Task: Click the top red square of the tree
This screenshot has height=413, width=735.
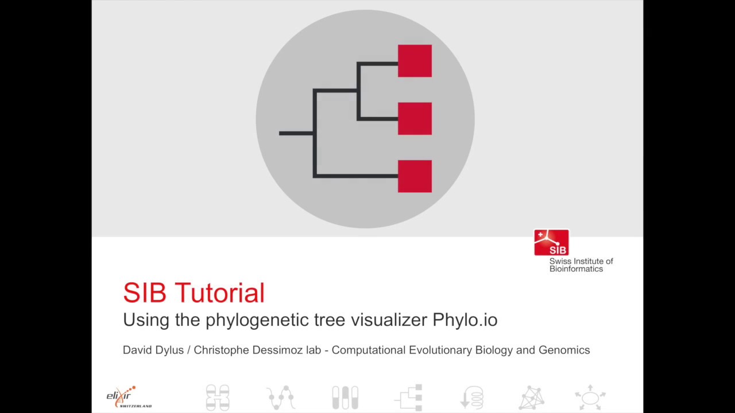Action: (x=415, y=61)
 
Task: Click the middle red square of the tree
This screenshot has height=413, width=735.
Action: (x=415, y=119)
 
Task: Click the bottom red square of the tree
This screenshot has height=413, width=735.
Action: (x=415, y=176)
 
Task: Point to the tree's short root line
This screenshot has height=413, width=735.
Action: (x=296, y=134)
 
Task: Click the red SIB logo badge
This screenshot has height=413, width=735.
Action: (x=551, y=243)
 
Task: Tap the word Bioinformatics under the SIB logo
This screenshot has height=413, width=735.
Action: (x=576, y=269)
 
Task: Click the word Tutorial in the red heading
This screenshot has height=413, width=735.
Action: (x=220, y=293)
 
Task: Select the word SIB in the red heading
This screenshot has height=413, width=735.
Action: (x=145, y=293)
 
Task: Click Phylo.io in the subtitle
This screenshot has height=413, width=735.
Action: (x=465, y=320)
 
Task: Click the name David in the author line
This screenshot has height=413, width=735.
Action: (x=137, y=350)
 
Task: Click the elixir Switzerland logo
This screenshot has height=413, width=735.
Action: (x=129, y=396)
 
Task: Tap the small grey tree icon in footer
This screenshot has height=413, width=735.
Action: (x=409, y=397)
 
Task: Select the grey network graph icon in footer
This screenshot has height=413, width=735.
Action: (x=532, y=398)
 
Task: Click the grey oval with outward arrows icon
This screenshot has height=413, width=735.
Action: (x=590, y=397)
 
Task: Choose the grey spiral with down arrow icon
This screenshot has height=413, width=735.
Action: (x=471, y=398)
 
